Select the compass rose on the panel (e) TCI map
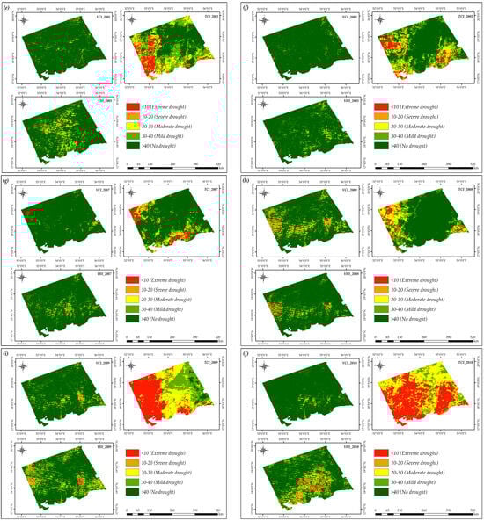tap(132, 20)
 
